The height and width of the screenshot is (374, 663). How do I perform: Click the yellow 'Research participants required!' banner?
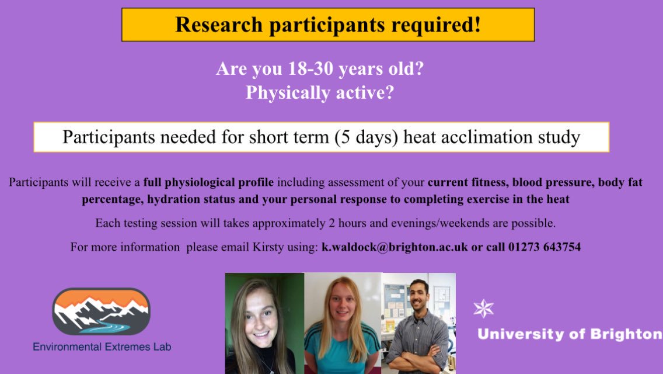(x=328, y=25)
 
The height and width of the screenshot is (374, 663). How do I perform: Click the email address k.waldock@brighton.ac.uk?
(x=395, y=247)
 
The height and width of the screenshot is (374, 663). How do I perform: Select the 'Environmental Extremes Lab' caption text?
(x=102, y=347)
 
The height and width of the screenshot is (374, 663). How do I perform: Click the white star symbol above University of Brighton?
(x=484, y=308)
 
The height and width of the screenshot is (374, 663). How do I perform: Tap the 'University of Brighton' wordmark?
(x=570, y=334)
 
